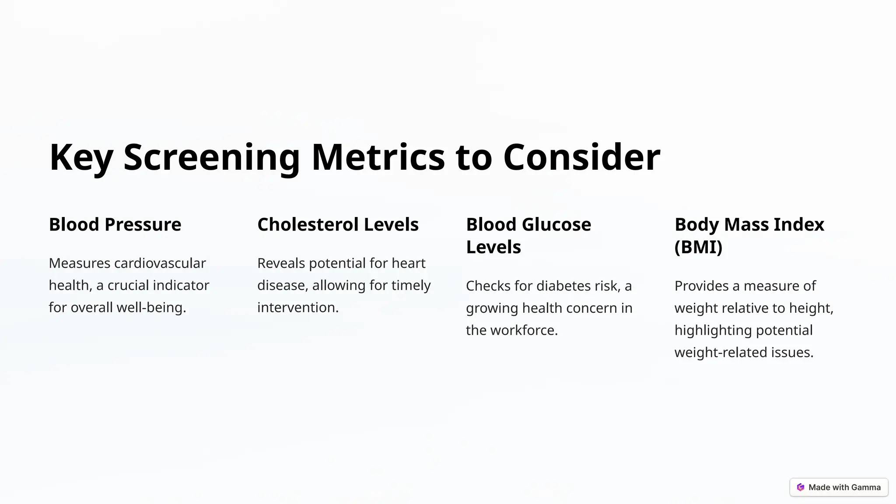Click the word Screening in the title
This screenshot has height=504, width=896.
(x=211, y=157)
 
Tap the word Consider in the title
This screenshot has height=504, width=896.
(x=581, y=157)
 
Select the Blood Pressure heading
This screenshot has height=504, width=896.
(x=115, y=224)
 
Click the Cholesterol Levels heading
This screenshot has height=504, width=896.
(x=338, y=224)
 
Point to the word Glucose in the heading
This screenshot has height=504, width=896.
(x=556, y=224)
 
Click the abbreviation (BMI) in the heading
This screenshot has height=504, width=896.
(x=698, y=247)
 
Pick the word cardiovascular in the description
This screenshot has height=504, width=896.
(x=160, y=263)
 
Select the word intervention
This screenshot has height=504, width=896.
(x=297, y=308)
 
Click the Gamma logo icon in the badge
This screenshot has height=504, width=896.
(x=801, y=487)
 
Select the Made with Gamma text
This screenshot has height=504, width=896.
(x=844, y=487)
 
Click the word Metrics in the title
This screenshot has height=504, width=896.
(x=378, y=157)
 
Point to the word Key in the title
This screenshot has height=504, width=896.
(x=81, y=157)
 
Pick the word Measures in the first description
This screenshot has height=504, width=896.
(x=80, y=263)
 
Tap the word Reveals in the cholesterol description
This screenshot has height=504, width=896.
(x=281, y=263)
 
